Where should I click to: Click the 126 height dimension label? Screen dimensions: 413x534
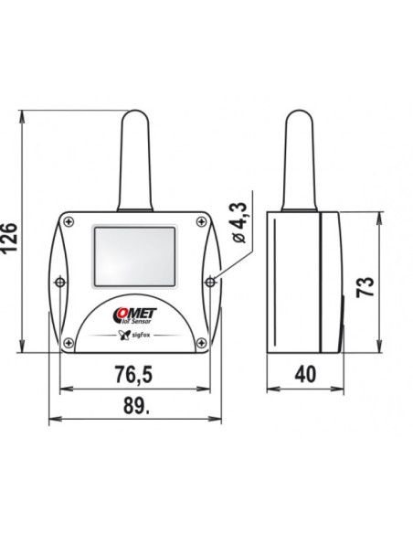[x=8, y=238]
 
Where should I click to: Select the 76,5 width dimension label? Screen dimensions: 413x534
[x=133, y=374]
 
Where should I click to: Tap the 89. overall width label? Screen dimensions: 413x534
[x=136, y=405]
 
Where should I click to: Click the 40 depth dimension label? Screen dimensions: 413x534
[x=305, y=374]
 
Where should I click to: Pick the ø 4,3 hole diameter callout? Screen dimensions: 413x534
[x=239, y=223]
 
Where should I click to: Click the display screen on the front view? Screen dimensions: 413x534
[x=134, y=256]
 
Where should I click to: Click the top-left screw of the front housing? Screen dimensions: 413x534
[x=69, y=221]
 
